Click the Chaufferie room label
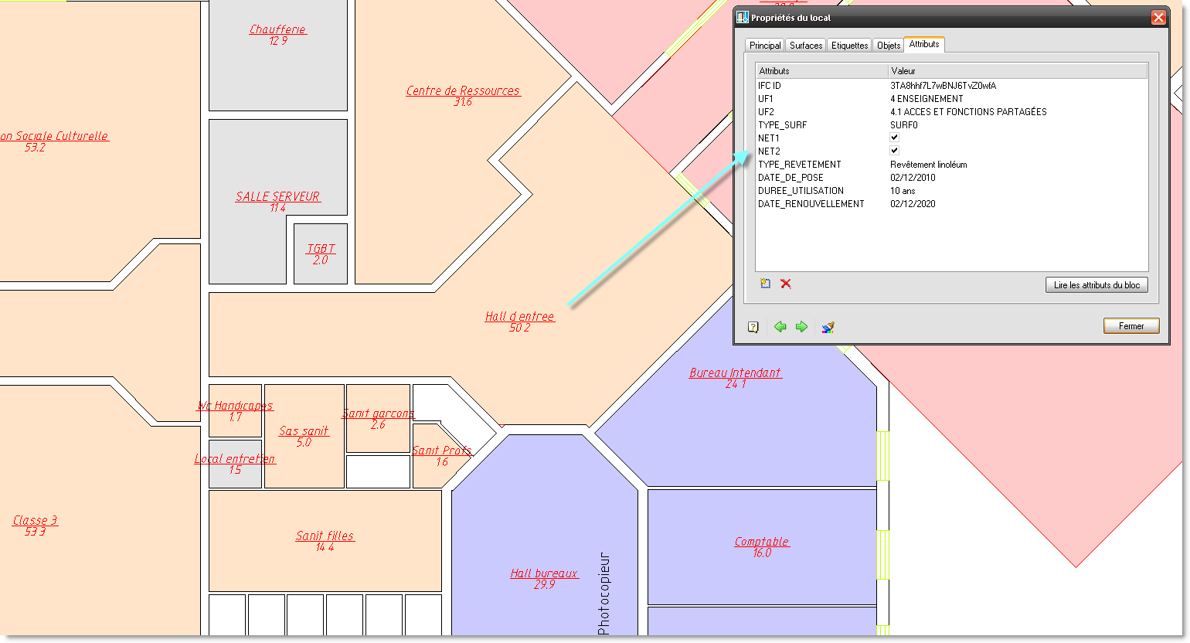pyautogui.click(x=278, y=30)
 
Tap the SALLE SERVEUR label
pyautogui.click(x=278, y=196)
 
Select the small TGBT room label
pyautogui.click(x=321, y=249)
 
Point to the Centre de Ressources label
pyautogui.click(x=463, y=91)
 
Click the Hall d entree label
pyautogui.click(x=519, y=317)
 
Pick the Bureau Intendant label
pyautogui.click(x=736, y=373)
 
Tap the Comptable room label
pyautogui.click(x=761, y=542)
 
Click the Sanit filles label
pyautogui.click(x=325, y=536)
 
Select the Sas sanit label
pyautogui.click(x=304, y=431)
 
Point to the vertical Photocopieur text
pyautogui.click(x=603, y=594)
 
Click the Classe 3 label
pyautogui.click(x=35, y=521)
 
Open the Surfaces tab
pyautogui.click(x=806, y=46)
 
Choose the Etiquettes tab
pyautogui.click(x=849, y=46)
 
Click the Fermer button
pyautogui.click(x=1131, y=326)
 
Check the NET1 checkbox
pyautogui.click(x=895, y=138)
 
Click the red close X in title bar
pyautogui.click(x=1158, y=18)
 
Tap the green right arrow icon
pyautogui.click(x=801, y=327)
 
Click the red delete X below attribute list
pyautogui.click(x=786, y=284)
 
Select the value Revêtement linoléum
pyautogui.click(x=929, y=165)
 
